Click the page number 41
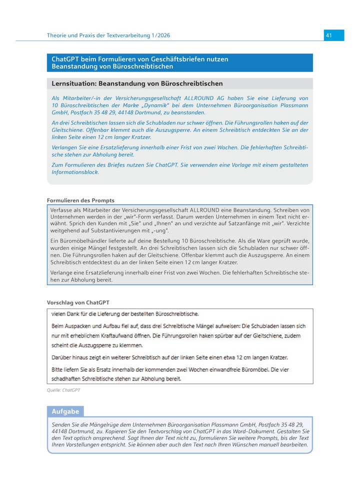(328, 35)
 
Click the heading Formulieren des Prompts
(80, 200)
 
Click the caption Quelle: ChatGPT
(63, 390)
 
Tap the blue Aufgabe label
(65, 411)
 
